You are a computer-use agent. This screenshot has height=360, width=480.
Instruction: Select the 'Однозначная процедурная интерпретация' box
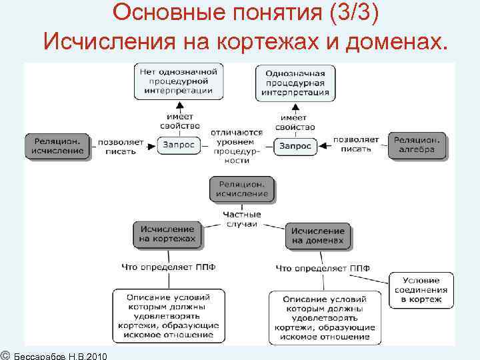pos(295,83)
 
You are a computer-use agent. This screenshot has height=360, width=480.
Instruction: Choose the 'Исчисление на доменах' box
pos(317,235)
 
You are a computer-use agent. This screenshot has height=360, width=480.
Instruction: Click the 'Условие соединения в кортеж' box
pos(421,291)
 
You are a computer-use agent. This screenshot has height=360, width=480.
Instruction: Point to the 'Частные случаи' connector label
pos(241,219)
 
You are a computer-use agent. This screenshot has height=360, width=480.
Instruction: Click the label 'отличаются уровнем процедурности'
pos(237,147)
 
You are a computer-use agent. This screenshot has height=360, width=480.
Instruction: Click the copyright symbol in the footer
pos(5,353)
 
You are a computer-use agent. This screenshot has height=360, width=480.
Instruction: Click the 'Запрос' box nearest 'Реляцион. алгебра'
pos(295,145)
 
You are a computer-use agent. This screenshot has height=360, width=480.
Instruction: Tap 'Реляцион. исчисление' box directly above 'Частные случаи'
pos(241,189)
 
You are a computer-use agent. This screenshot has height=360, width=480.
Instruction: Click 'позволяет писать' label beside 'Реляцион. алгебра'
pos(355,145)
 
